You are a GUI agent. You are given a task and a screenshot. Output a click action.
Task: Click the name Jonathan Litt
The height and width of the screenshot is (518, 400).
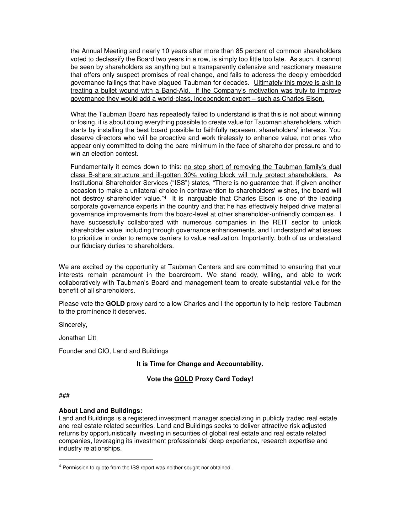point(77,338)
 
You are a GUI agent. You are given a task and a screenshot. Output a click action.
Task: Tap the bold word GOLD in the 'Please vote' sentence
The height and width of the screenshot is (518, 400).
point(115,304)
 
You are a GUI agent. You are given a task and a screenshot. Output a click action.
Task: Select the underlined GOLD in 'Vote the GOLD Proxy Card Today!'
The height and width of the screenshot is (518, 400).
point(184,379)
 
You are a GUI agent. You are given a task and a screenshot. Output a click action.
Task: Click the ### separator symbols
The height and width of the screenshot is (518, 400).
point(64,396)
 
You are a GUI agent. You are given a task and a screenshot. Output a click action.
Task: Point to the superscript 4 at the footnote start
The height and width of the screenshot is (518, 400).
point(60,467)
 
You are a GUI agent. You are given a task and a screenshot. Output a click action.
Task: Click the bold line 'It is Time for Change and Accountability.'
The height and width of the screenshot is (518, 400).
point(200,364)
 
